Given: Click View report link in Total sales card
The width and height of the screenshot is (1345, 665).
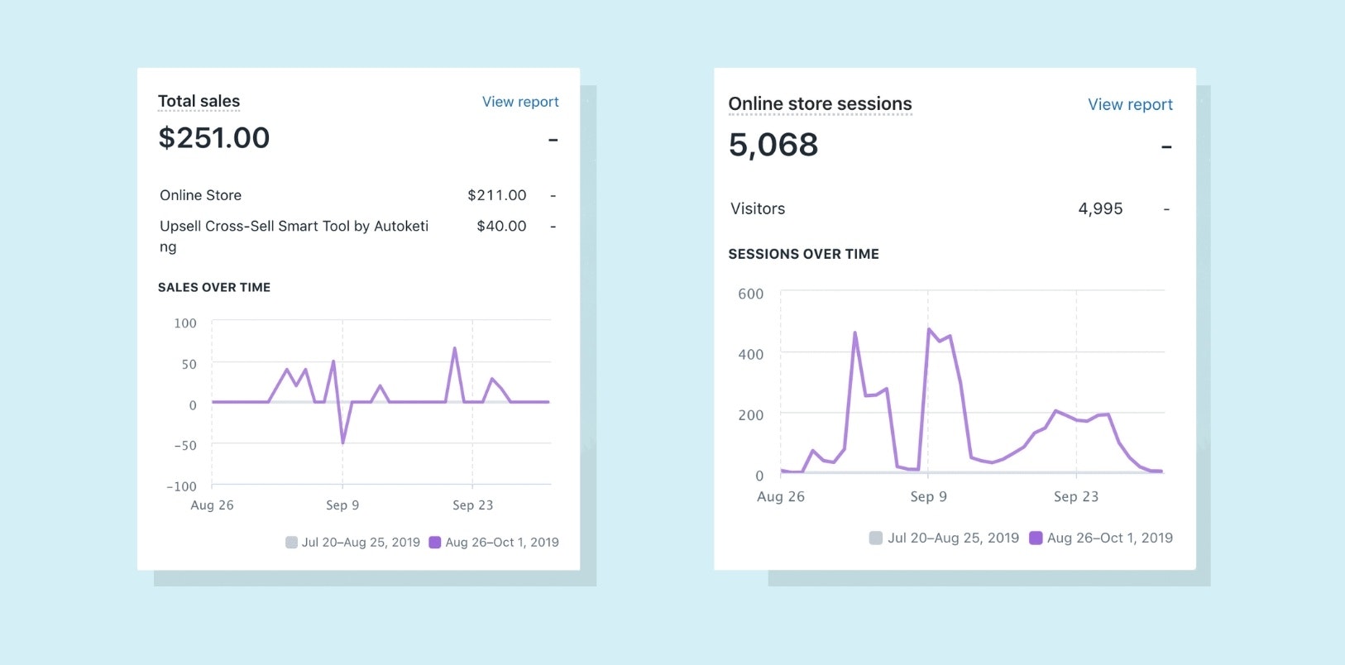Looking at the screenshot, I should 520,102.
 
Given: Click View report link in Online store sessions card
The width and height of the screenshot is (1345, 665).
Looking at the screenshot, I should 1130,104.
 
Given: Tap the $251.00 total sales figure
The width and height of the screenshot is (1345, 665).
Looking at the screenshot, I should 214,137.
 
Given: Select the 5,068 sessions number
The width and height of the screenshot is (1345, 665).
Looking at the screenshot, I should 773,145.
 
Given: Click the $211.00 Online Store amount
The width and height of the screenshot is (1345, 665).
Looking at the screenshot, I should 496,195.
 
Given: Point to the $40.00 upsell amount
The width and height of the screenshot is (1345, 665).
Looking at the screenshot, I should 501,226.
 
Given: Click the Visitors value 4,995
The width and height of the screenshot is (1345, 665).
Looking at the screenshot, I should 1100,208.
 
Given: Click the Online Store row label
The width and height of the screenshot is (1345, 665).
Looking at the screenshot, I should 200,195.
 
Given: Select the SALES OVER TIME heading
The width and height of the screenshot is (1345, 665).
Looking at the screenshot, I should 214,287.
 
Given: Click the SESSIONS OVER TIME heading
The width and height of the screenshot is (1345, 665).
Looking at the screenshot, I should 803,254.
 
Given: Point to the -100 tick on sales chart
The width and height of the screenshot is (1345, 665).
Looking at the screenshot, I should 181,486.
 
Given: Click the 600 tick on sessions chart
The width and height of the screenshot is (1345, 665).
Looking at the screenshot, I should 750,294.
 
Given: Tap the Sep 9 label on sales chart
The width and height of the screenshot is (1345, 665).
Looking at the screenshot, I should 342,505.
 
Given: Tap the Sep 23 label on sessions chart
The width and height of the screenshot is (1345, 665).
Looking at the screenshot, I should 1075,496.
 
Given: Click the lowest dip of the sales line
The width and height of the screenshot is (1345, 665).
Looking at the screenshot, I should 342,443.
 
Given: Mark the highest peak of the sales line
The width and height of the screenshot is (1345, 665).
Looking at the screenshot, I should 454,348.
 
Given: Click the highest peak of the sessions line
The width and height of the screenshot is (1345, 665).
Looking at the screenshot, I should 929,329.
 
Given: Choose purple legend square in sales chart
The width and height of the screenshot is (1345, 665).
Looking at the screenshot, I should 434,543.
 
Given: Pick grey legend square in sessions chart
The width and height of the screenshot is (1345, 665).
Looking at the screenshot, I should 875,538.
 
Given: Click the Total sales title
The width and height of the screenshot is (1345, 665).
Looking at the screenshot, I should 199,101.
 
